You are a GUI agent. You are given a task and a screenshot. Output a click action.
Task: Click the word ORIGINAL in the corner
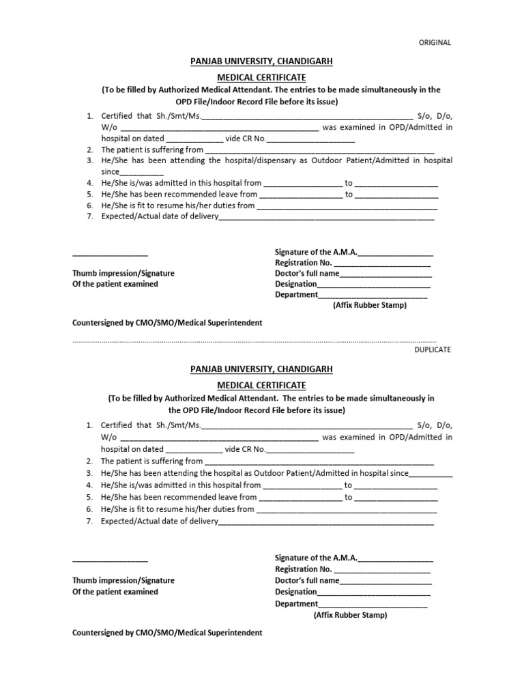click(435, 42)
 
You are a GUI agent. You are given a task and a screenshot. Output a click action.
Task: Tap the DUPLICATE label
click(433, 349)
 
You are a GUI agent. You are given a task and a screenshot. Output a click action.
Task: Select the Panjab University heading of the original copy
click(261, 61)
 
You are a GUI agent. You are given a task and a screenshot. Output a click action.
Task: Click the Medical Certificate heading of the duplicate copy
click(261, 386)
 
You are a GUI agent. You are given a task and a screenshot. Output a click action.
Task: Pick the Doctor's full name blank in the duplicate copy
click(385, 582)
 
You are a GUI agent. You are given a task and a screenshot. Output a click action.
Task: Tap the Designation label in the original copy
click(295, 284)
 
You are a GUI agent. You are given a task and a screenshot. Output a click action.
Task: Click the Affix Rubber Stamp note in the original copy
click(369, 305)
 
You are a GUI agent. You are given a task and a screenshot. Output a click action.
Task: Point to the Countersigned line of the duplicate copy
click(167, 633)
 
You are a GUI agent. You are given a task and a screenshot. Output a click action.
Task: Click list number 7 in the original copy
click(89, 216)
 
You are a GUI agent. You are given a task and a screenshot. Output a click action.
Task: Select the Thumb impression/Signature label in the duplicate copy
click(123, 580)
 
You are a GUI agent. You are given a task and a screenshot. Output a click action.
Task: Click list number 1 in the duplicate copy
click(89, 425)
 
